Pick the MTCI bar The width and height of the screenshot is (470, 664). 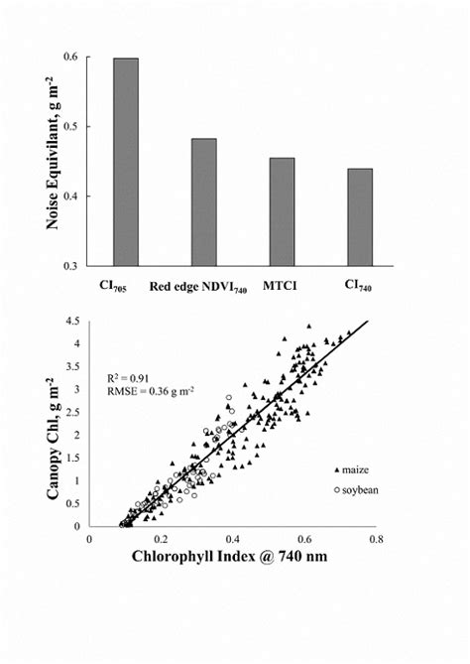282,211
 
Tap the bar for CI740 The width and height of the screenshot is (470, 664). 359,216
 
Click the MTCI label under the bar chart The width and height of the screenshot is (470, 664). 282,287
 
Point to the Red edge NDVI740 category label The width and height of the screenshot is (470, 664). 198,288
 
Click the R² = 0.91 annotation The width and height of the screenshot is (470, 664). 130,378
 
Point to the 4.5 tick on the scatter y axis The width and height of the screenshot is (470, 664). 72,322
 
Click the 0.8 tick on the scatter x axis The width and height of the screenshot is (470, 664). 376,539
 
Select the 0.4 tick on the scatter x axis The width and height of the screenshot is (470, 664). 233,539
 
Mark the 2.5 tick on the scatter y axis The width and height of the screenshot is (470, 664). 72,412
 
